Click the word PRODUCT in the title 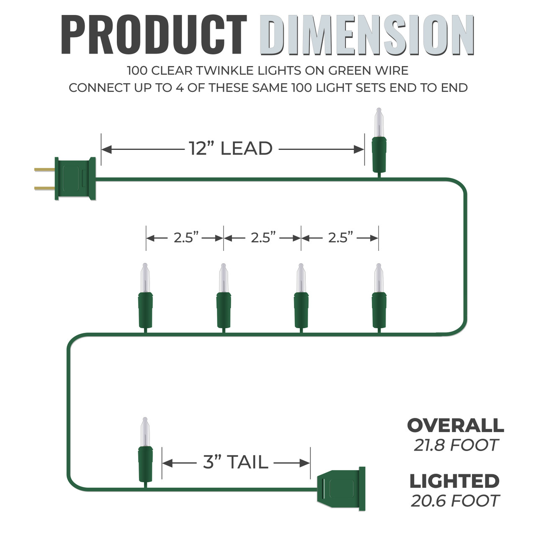[x=154, y=34]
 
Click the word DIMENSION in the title [x=367, y=34]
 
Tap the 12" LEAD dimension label [x=231, y=148]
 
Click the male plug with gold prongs [x=65, y=178]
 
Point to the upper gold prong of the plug [x=44, y=169]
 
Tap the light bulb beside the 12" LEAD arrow [x=379, y=142]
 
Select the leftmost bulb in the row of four [x=145, y=298]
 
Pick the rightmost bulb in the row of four [x=379, y=298]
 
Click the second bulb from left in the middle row [x=223, y=298]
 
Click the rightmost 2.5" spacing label [x=340, y=238]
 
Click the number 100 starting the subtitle [x=137, y=71]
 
